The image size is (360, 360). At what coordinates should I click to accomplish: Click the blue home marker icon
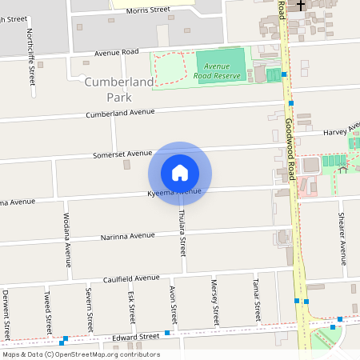point(180,172)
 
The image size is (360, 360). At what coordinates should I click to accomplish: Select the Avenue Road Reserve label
point(217,71)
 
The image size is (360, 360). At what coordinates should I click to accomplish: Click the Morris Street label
point(150,10)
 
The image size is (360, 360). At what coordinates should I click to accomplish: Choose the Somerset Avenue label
point(122,154)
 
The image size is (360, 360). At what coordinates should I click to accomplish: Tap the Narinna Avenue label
point(127,236)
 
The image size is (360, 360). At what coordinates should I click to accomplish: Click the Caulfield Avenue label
point(132,278)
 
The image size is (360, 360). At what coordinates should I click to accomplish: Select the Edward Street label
point(137,338)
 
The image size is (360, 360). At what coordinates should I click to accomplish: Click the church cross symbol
point(301,6)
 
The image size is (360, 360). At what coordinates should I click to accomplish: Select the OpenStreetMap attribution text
point(81,354)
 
